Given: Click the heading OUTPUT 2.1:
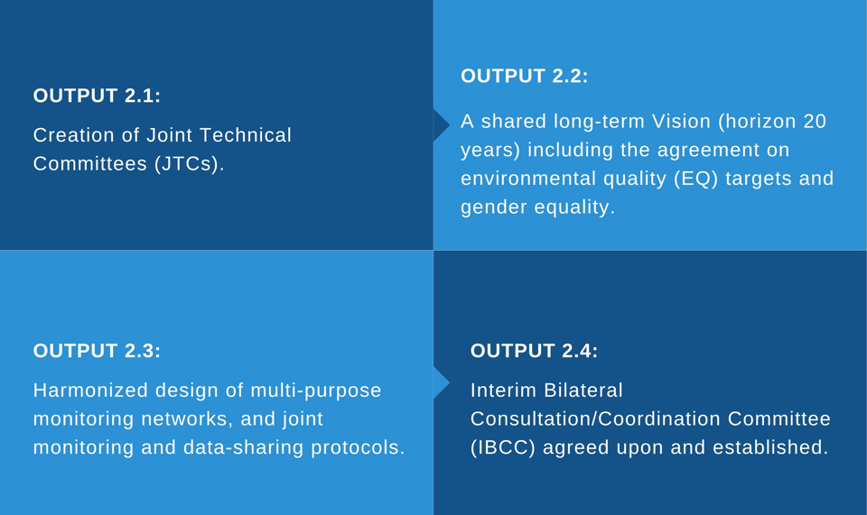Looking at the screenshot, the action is pyautogui.click(x=97, y=96).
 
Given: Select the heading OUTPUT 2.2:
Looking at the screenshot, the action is pyautogui.click(x=524, y=76).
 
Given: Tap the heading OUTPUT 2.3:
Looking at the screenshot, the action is pyautogui.click(x=97, y=351).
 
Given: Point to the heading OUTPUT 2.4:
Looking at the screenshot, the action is pyautogui.click(x=534, y=351).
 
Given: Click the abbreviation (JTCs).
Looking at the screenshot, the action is pyautogui.click(x=189, y=164).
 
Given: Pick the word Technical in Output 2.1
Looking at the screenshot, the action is pyautogui.click(x=246, y=135).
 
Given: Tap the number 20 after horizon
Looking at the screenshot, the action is pyautogui.click(x=815, y=122).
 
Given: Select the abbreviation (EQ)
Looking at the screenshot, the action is pyautogui.click(x=695, y=179).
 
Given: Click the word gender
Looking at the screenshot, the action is pyautogui.click(x=494, y=208).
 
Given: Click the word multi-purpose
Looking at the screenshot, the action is pyautogui.click(x=316, y=391).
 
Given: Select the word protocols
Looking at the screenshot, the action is pyautogui.click(x=358, y=447).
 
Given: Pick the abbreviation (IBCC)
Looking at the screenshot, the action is pyautogui.click(x=503, y=447).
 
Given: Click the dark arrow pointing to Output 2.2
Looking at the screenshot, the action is pyautogui.click(x=442, y=124).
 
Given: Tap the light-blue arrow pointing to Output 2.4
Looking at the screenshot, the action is pyautogui.click(x=442, y=382).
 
